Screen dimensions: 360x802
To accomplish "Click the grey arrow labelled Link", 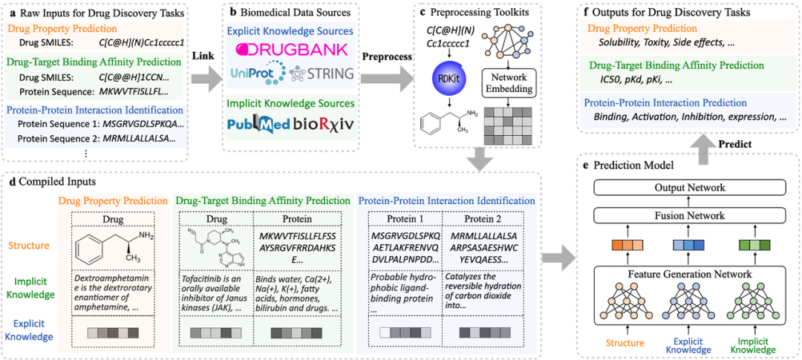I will [209, 75].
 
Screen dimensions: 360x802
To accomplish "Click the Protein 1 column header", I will [404, 219].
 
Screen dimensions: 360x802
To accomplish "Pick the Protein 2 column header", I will [483, 219].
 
